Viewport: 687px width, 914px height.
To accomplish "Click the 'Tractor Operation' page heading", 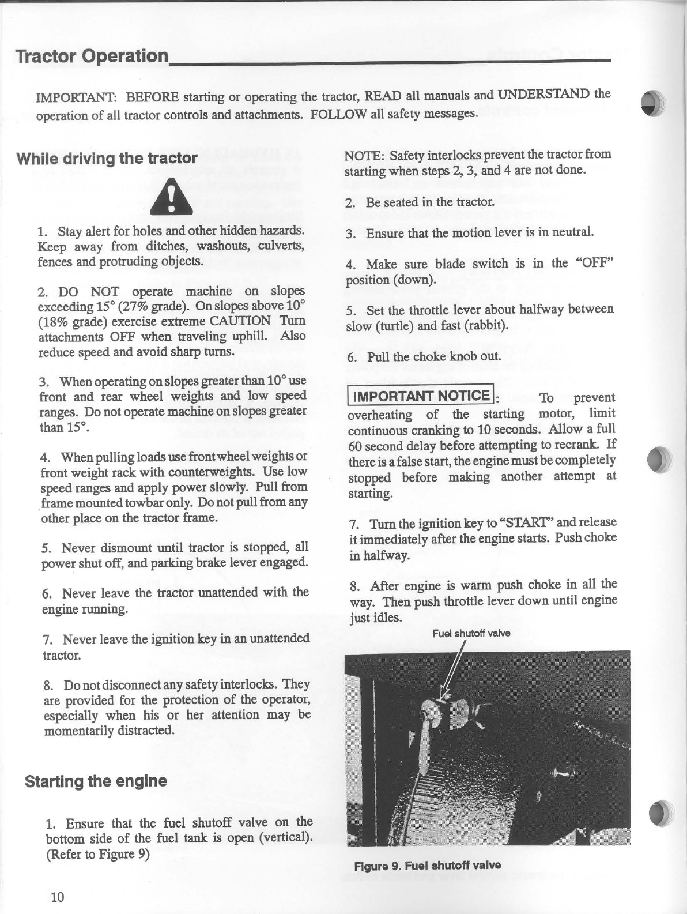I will (92, 57).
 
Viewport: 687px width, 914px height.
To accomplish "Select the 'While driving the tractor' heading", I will (107, 159).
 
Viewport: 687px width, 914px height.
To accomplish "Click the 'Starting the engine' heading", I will (96, 781).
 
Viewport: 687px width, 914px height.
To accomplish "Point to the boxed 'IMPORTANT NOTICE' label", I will (421, 396).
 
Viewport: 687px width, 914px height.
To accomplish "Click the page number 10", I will (58, 897).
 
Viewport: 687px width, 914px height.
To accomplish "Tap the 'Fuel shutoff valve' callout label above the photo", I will (471, 633).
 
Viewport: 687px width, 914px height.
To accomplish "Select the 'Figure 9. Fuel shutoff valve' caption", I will (427, 866).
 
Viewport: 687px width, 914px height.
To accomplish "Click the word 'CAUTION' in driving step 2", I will (240, 321).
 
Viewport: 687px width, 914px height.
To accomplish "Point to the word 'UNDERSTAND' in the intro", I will (544, 94).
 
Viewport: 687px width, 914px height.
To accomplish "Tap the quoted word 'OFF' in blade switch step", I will (594, 264).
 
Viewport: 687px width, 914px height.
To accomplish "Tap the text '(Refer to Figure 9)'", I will (97, 854).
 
